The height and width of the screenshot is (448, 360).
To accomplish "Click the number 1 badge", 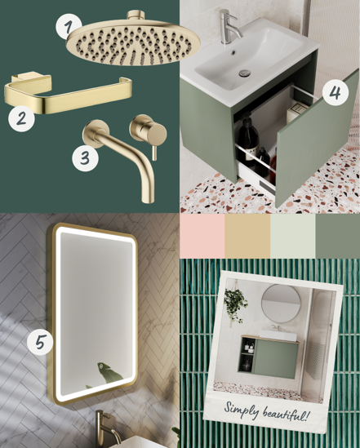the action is [68, 26].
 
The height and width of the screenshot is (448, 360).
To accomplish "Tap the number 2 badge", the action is [21, 118].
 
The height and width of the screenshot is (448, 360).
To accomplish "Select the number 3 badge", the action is [85, 158].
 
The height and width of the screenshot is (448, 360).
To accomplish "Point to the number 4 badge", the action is [336, 92].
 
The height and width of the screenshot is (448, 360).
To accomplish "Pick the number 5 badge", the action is [40, 342].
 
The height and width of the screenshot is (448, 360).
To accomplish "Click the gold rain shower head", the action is [133, 39].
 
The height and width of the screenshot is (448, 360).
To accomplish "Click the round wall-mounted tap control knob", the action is [149, 132].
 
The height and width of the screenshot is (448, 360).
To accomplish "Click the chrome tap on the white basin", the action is [229, 27].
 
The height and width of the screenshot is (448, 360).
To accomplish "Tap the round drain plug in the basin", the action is [245, 73].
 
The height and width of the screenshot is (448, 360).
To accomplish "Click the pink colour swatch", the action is [202, 236].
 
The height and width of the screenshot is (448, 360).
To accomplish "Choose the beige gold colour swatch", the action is [247, 236].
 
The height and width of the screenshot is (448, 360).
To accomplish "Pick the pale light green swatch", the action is [293, 236].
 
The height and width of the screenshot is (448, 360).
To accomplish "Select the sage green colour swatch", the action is [338, 236].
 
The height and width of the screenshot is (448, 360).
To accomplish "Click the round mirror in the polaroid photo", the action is [281, 303].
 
